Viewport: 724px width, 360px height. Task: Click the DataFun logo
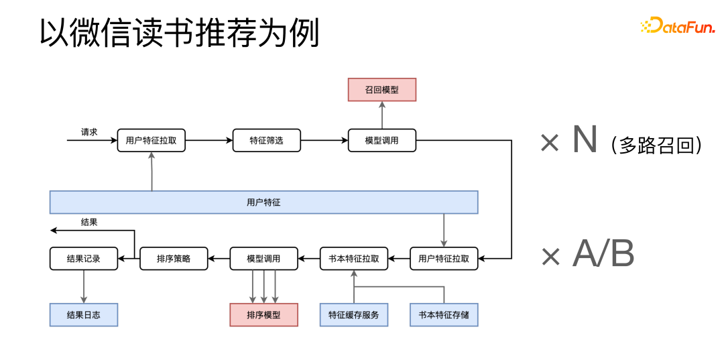(678, 26)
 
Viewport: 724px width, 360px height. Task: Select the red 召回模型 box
(382, 90)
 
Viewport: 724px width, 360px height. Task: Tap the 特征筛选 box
(266, 141)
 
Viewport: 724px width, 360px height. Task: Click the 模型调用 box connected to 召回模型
(382, 141)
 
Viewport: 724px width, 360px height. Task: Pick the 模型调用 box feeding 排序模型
(263, 259)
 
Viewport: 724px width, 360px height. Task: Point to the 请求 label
(89, 132)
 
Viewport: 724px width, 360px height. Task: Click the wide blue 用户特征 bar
(263, 202)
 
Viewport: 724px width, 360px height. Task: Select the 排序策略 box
(174, 259)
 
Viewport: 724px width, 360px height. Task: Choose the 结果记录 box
(84, 259)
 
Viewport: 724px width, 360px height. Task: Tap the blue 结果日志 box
(84, 314)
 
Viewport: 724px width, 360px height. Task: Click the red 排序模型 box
(263, 314)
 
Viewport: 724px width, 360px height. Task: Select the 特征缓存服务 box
(354, 314)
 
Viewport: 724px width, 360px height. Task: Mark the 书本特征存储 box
(444, 314)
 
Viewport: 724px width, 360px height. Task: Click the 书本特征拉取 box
(354, 259)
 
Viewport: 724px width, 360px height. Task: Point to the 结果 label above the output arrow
(89, 223)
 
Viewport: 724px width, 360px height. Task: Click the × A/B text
(587, 255)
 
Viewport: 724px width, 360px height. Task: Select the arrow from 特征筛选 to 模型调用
(324, 141)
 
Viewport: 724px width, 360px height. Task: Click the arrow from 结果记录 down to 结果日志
(84, 286)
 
